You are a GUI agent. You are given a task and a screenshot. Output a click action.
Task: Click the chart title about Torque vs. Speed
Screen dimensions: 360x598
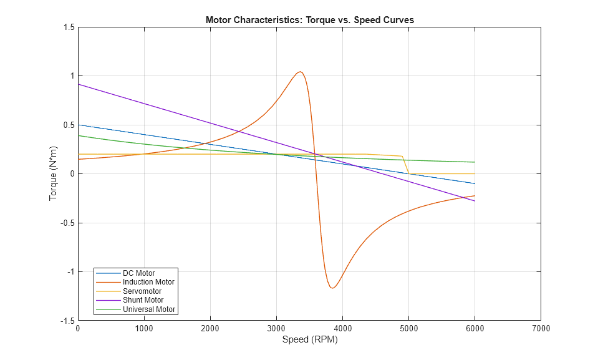[310, 20]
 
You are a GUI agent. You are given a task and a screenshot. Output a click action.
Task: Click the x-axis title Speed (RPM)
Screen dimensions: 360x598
[310, 340]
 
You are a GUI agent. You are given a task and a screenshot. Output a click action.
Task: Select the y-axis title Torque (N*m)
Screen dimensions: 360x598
[54, 173]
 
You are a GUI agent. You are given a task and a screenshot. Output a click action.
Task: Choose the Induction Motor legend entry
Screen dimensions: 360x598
[148, 282]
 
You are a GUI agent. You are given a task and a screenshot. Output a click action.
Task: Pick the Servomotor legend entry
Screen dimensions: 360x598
[142, 291]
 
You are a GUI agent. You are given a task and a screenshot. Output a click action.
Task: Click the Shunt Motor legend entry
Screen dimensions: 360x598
[143, 300]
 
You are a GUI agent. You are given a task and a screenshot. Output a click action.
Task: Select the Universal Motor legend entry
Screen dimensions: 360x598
[150, 309]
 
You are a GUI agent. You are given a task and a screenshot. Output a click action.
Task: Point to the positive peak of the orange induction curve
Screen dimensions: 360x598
[300, 72]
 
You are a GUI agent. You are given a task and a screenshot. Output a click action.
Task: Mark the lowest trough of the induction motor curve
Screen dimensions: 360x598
[332, 288]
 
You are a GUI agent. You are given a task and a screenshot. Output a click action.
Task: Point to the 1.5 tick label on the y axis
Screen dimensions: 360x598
[67, 27]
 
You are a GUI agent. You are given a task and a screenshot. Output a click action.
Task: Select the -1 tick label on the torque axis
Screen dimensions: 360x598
[69, 272]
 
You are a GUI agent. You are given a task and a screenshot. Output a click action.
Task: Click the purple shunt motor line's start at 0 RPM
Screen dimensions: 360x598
[78, 84]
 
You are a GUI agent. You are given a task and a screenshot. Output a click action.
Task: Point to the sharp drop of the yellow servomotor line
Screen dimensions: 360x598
[405, 165]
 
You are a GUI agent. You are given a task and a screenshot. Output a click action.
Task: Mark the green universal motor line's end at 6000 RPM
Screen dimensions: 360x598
[475, 162]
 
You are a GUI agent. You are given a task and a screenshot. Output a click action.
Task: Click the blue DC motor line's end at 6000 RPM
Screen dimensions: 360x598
[475, 183]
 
